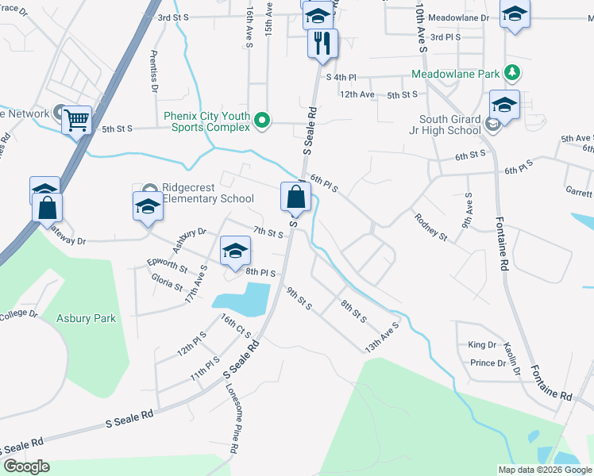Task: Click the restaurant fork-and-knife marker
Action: [322, 43]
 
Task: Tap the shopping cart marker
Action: [77, 121]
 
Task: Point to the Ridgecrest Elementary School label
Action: [207, 193]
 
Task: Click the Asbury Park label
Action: [86, 318]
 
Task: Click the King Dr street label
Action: [482, 344]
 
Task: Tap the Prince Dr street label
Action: [488, 363]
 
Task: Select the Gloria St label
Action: [168, 281]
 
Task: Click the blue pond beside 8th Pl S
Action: [242, 298]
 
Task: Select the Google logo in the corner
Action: [26, 466]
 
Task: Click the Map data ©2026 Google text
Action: [545, 470]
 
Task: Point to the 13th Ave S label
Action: [381, 337]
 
